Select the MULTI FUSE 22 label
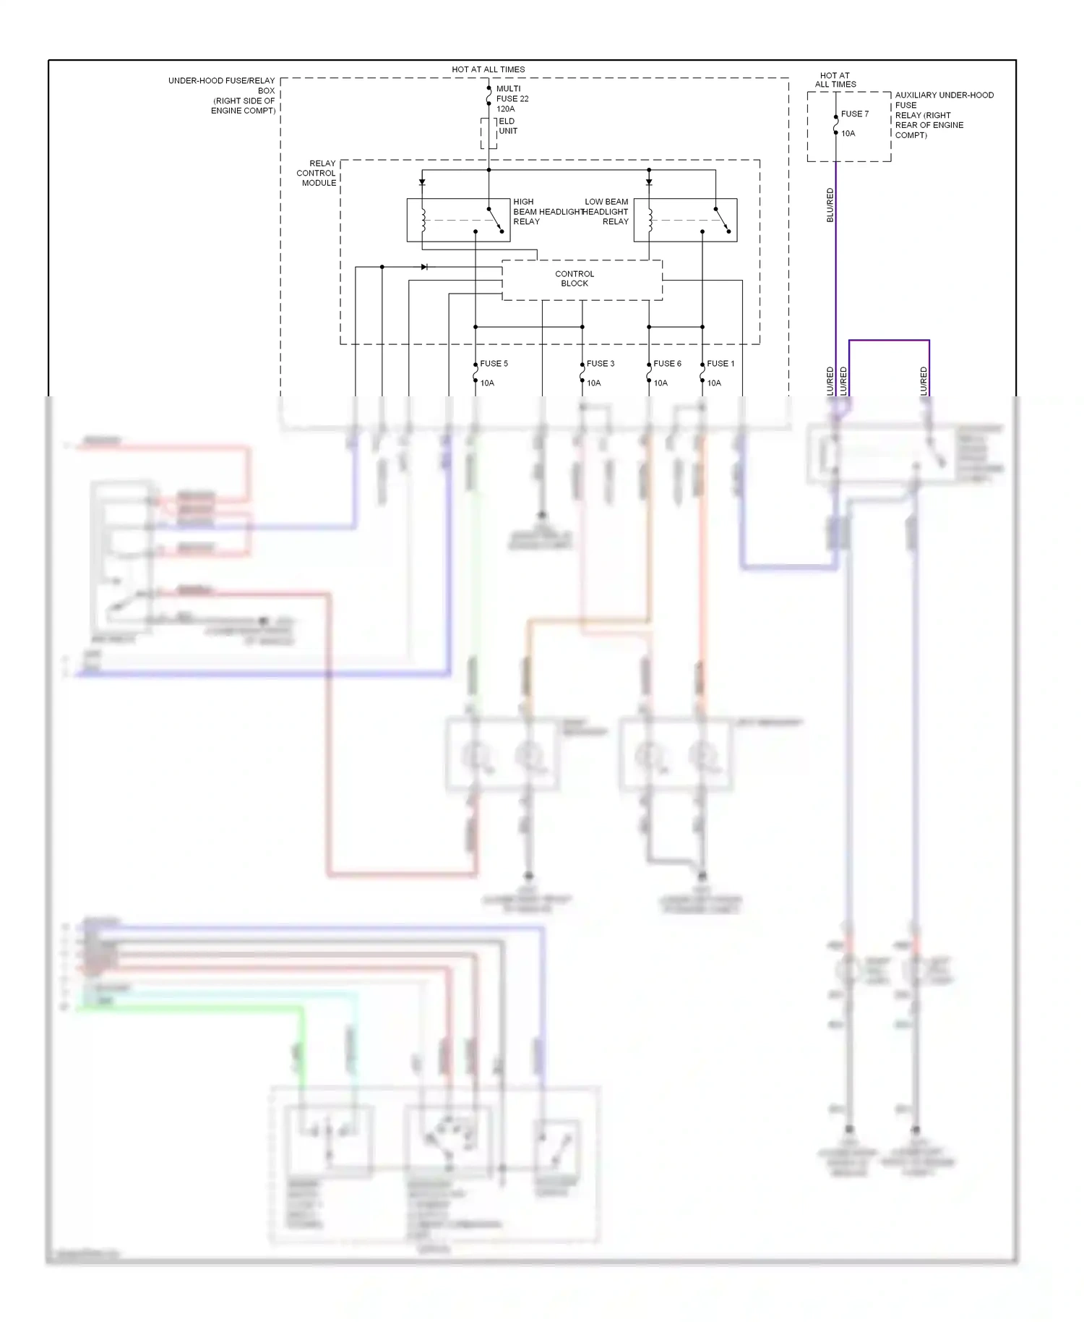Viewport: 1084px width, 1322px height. pyautogui.click(x=512, y=94)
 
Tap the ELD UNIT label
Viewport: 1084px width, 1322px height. pyautogui.click(x=507, y=126)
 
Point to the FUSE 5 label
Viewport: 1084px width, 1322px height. pyautogui.click(x=494, y=364)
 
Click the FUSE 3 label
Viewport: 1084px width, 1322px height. pyautogui.click(x=600, y=364)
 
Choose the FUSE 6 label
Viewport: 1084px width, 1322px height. pyautogui.click(x=667, y=364)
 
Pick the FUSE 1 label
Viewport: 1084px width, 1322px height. pyautogui.click(x=720, y=364)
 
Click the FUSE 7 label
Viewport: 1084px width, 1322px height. pyautogui.click(x=854, y=114)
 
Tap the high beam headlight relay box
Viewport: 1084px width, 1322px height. pyautogui.click(x=458, y=220)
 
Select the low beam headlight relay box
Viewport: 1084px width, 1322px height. pyautogui.click(x=685, y=220)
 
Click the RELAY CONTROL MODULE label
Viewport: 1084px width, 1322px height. pyautogui.click(x=317, y=174)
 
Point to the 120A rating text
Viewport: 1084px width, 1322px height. pyautogui.click(x=505, y=109)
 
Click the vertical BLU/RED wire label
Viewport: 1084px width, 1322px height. pyautogui.click(x=830, y=205)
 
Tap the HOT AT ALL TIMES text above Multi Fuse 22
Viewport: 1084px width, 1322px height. pyautogui.click(x=488, y=70)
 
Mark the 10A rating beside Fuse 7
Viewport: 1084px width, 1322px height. pyautogui.click(x=848, y=134)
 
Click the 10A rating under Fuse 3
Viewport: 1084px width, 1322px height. pyautogui.click(x=593, y=383)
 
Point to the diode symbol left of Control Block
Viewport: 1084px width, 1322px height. pyautogui.click(x=424, y=267)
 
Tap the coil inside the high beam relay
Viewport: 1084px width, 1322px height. pyautogui.click(x=423, y=220)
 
